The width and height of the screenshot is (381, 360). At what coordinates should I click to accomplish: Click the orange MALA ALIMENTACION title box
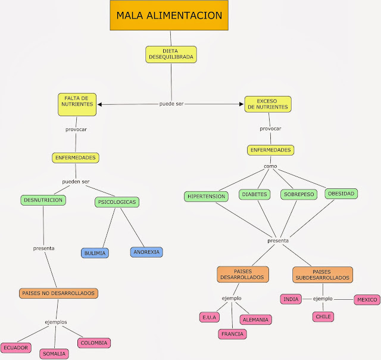pos(169,15)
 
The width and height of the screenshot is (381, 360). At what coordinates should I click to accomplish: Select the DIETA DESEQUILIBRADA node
pos(170,54)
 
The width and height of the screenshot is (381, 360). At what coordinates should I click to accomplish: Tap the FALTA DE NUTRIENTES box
pos(77,101)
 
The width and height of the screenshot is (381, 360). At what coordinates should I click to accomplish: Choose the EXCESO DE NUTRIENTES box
pos(268,104)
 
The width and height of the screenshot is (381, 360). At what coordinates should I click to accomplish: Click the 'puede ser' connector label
pos(171,104)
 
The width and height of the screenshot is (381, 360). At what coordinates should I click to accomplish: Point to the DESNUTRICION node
pos(43,200)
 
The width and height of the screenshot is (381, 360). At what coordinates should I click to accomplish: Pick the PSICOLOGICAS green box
pos(117,202)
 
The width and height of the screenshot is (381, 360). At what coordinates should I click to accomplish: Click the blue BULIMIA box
pos(95,253)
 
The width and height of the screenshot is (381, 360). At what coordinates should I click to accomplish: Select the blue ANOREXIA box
pos(146,252)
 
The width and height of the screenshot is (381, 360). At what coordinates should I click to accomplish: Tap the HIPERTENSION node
pos(206,196)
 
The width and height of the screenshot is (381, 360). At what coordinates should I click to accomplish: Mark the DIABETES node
pos(255,194)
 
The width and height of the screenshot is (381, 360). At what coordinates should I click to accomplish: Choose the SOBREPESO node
pos(298,194)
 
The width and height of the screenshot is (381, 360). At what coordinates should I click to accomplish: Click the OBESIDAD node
pos(342,193)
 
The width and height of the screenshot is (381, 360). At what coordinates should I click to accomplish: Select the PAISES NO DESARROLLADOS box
pos(58,293)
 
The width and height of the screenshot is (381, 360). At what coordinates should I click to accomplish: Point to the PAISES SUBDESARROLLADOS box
pos(323,274)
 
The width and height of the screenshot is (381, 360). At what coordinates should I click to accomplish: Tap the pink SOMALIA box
pos(54,354)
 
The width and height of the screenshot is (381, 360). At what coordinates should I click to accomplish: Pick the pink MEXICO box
pos(366,299)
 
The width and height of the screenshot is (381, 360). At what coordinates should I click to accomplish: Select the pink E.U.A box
pos(210,317)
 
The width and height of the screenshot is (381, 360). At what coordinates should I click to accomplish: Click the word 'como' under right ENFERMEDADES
pos(271,166)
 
